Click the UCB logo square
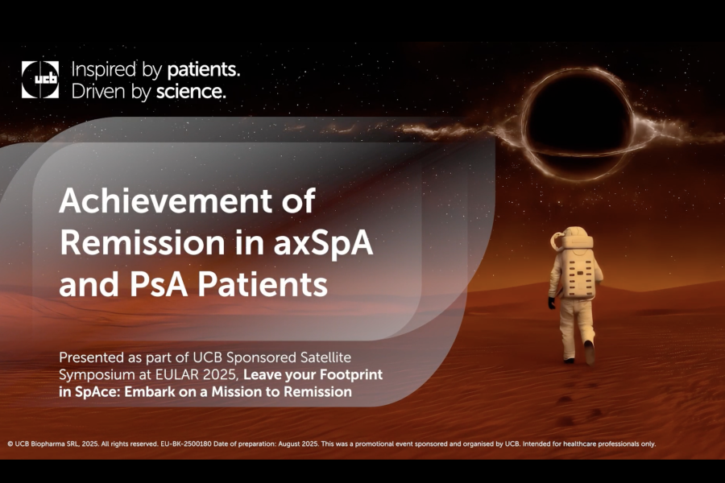[40, 80]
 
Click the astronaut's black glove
[552, 303]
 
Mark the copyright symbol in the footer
[10, 444]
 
